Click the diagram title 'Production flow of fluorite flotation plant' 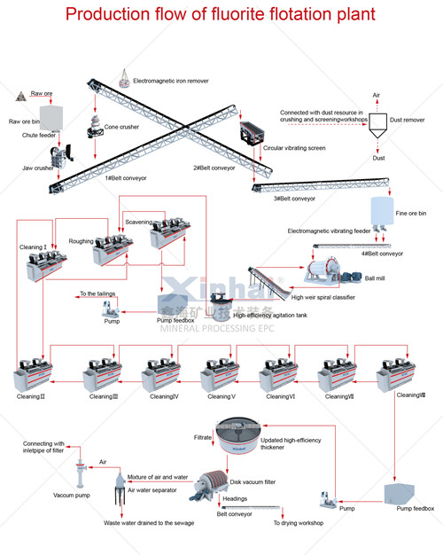pos(221,15)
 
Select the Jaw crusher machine pos(61,157)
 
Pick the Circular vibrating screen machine pos(251,133)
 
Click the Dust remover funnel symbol pos(378,125)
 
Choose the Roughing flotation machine pos(113,248)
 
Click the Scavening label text pos(138,222)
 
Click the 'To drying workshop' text pos(297,523)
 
